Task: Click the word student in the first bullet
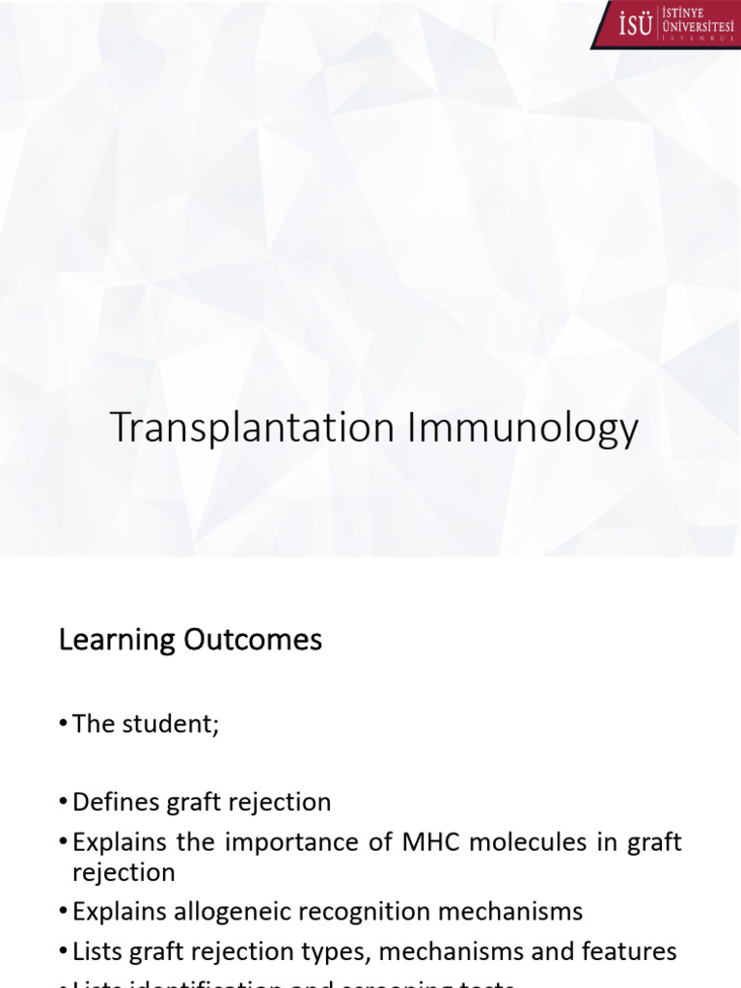[x=168, y=725]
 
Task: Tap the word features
[x=626, y=951]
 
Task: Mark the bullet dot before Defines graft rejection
[x=64, y=803]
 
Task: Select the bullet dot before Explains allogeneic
[x=64, y=912]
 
